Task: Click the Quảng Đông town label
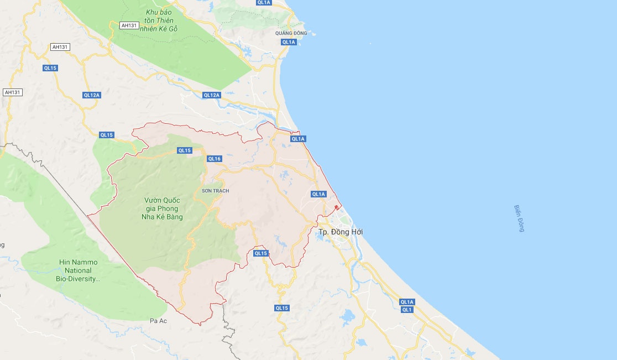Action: pos(291,33)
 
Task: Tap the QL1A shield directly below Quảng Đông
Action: pos(289,42)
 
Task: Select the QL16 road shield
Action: pos(214,159)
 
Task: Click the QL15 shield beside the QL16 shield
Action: pos(184,150)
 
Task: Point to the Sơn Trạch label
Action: pos(216,191)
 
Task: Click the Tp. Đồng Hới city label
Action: pos(341,232)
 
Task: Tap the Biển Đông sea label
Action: pos(518,218)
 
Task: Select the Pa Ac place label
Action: pos(158,320)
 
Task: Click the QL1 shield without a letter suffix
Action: pos(407,310)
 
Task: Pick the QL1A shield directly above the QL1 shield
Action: pos(407,302)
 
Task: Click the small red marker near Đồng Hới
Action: pos(336,207)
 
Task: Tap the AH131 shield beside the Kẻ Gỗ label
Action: pos(128,25)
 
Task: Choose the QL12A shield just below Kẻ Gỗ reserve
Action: pos(211,95)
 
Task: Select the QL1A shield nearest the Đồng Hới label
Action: pos(318,194)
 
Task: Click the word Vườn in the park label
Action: pos(153,200)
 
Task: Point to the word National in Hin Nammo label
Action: pos(77,270)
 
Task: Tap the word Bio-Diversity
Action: pos(78,279)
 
